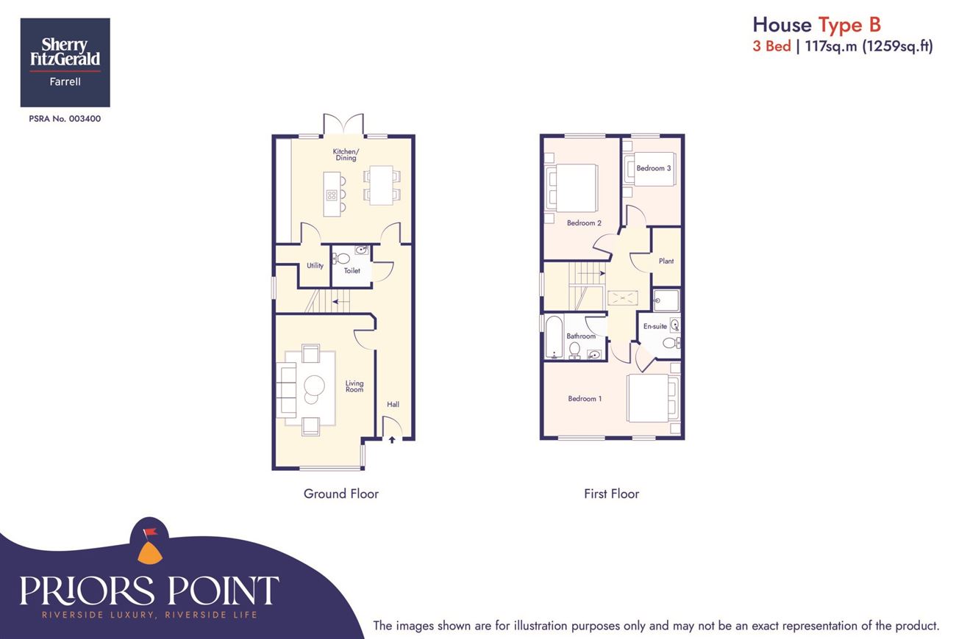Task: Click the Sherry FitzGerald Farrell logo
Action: (65, 62)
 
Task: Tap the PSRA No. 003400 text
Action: (65, 119)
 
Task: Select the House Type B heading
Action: (816, 25)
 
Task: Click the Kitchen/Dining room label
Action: (346, 154)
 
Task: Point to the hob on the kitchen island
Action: (332, 195)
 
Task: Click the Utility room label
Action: (315, 266)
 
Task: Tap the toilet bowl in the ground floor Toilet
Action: (341, 258)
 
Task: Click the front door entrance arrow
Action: (392, 440)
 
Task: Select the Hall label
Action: (393, 404)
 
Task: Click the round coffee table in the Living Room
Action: (314, 386)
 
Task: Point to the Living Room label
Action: (354, 386)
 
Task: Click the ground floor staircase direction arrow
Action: (341, 302)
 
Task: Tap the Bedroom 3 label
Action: (654, 168)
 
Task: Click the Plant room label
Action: (666, 261)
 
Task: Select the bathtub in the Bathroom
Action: (554, 337)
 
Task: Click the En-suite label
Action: (655, 326)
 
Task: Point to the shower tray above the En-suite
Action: (666, 300)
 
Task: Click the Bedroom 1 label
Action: (585, 399)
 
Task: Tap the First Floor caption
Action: (612, 494)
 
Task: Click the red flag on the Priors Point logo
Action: (151, 532)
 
